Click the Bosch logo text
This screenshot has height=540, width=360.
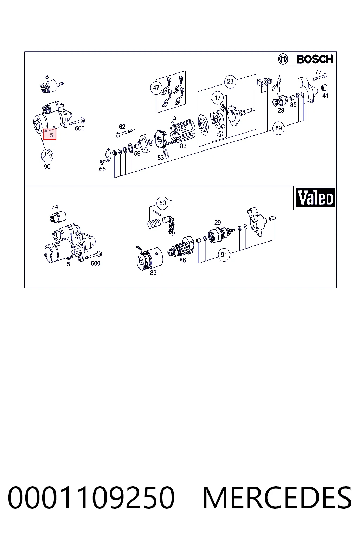(x=315, y=59)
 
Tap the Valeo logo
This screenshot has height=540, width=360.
(x=315, y=198)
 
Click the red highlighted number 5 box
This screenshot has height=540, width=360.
(x=50, y=134)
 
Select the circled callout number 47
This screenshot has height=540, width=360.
(x=156, y=88)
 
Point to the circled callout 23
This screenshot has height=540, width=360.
(x=230, y=81)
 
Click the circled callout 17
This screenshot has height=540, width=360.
(x=218, y=98)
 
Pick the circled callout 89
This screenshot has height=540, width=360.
(x=278, y=128)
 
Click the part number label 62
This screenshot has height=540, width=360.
(x=122, y=127)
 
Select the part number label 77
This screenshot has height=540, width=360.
(x=318, y=72)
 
